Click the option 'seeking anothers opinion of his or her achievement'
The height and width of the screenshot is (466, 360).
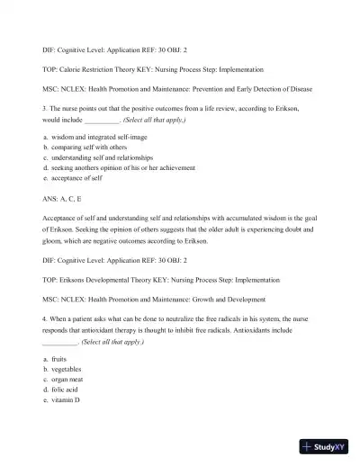click(x=125, y=167)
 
